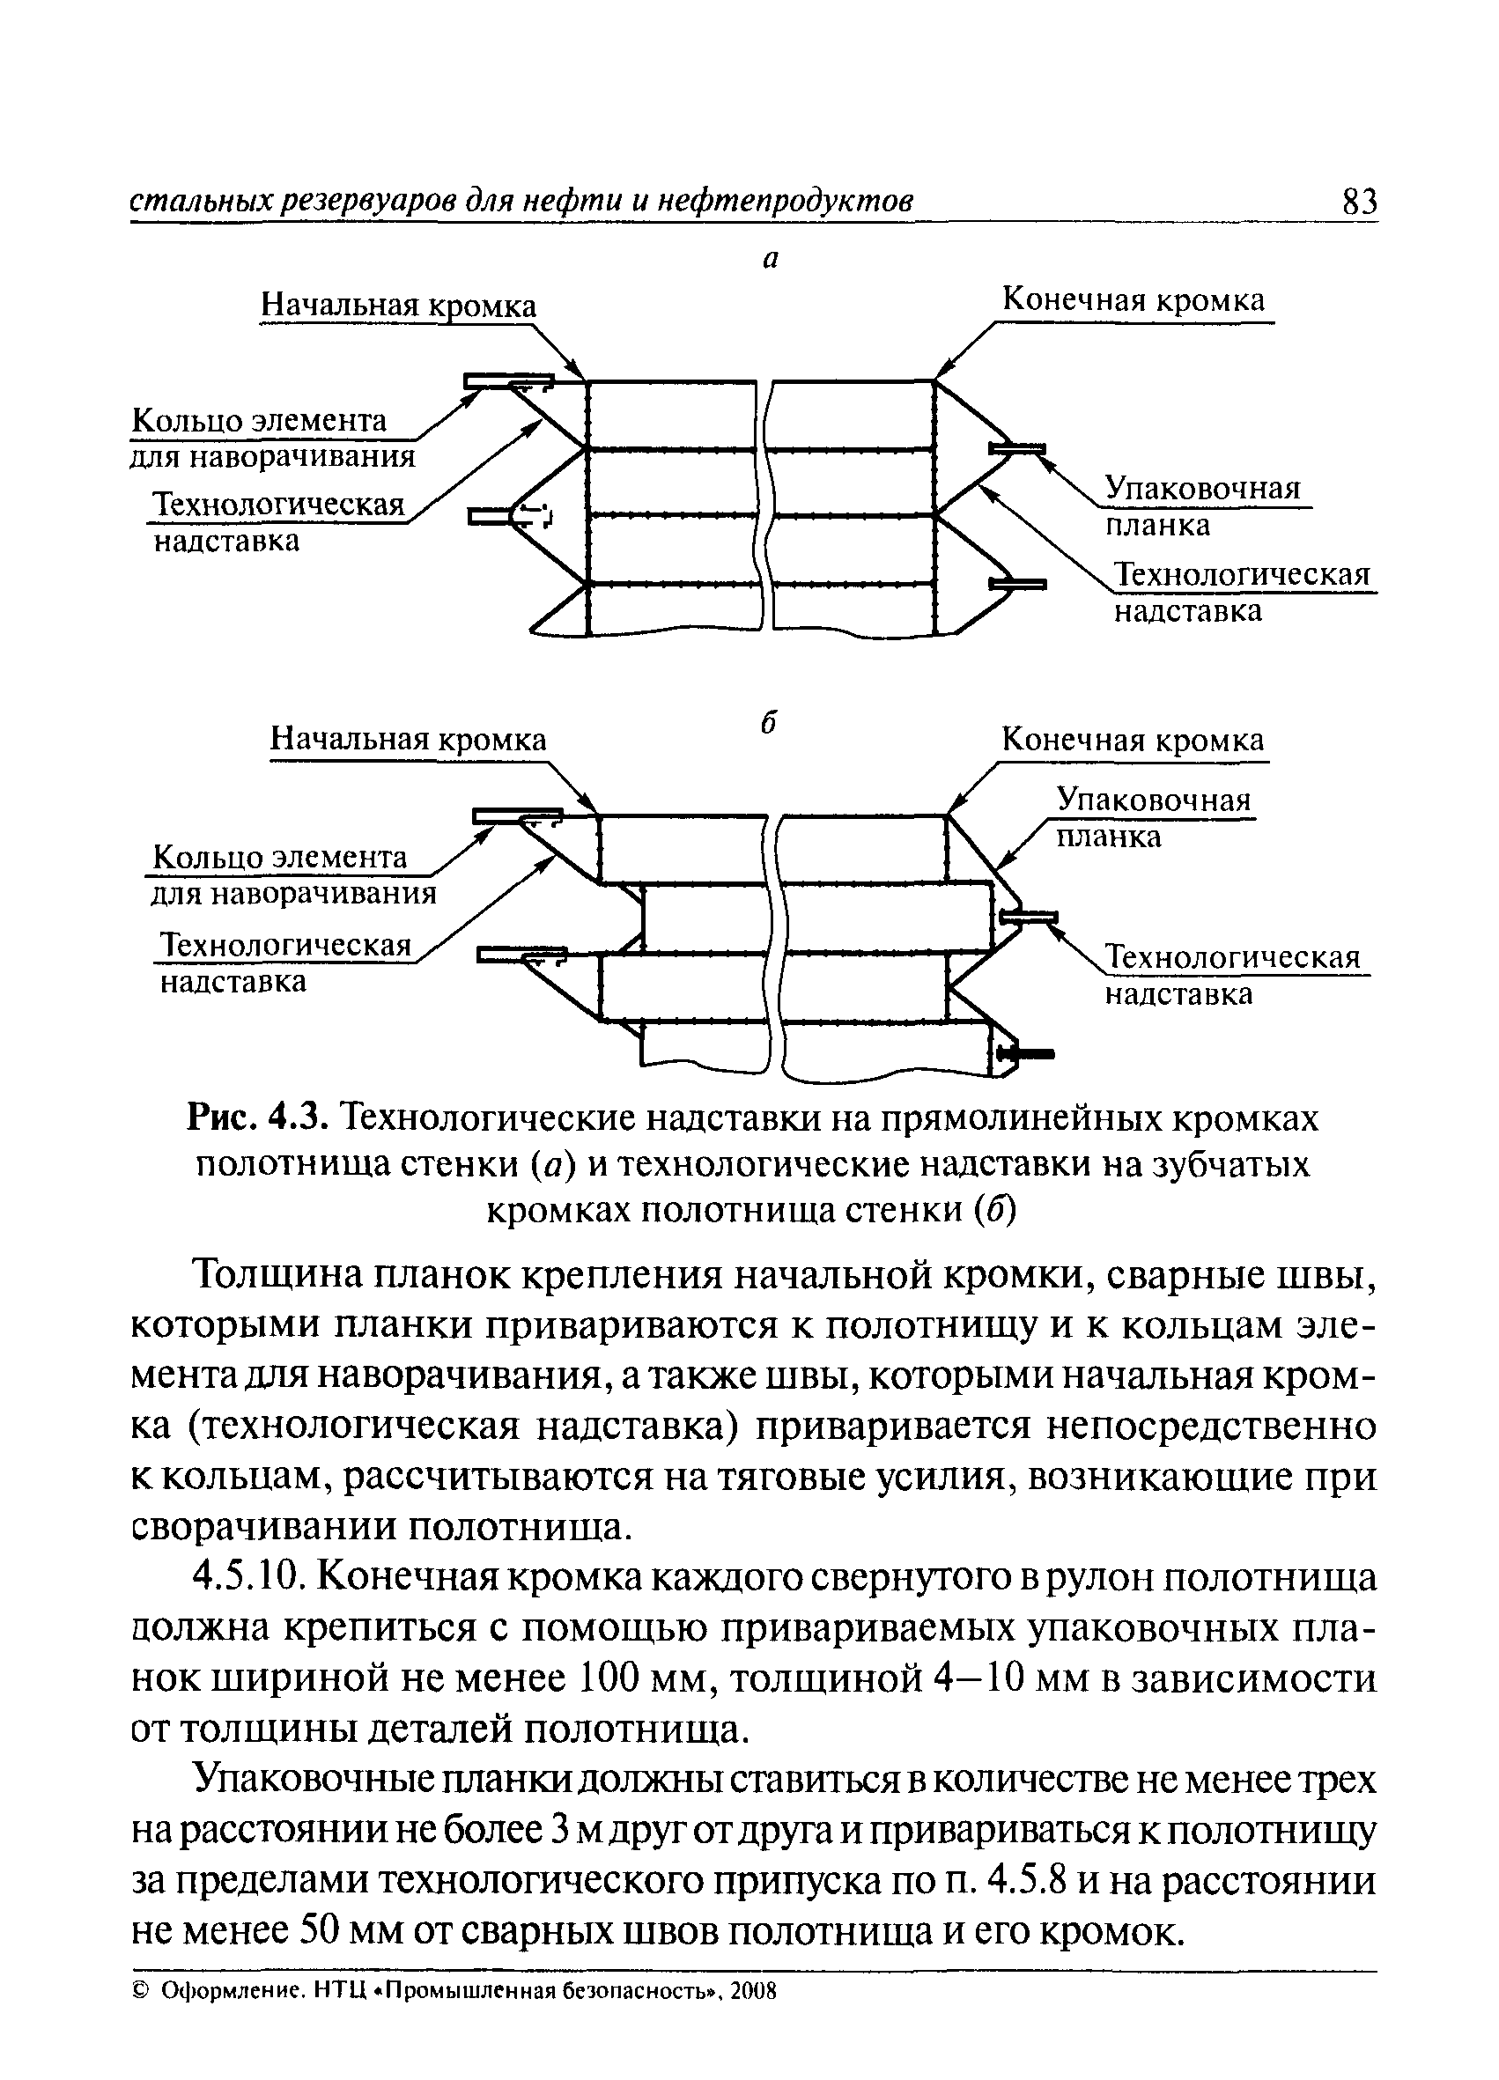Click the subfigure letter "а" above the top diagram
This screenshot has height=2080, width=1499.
771,261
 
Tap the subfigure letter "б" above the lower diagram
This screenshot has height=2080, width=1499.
770,723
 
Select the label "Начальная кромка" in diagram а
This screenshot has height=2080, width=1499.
398,306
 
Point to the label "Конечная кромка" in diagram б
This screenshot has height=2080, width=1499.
1132,739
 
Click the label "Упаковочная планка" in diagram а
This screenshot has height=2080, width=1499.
1202,505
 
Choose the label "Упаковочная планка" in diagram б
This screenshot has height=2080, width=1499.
1153,816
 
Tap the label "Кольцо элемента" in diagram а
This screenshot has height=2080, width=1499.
260,421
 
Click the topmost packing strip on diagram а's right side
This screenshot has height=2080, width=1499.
1017,448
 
